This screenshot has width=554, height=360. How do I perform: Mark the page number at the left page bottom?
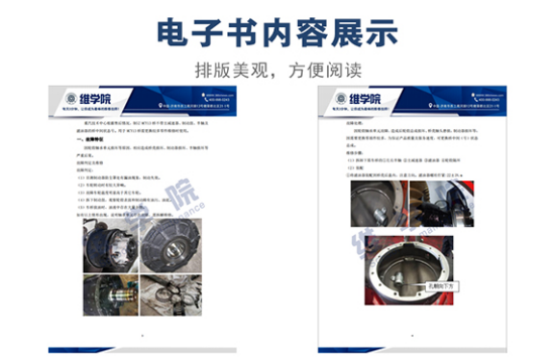[x=141, y=334]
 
